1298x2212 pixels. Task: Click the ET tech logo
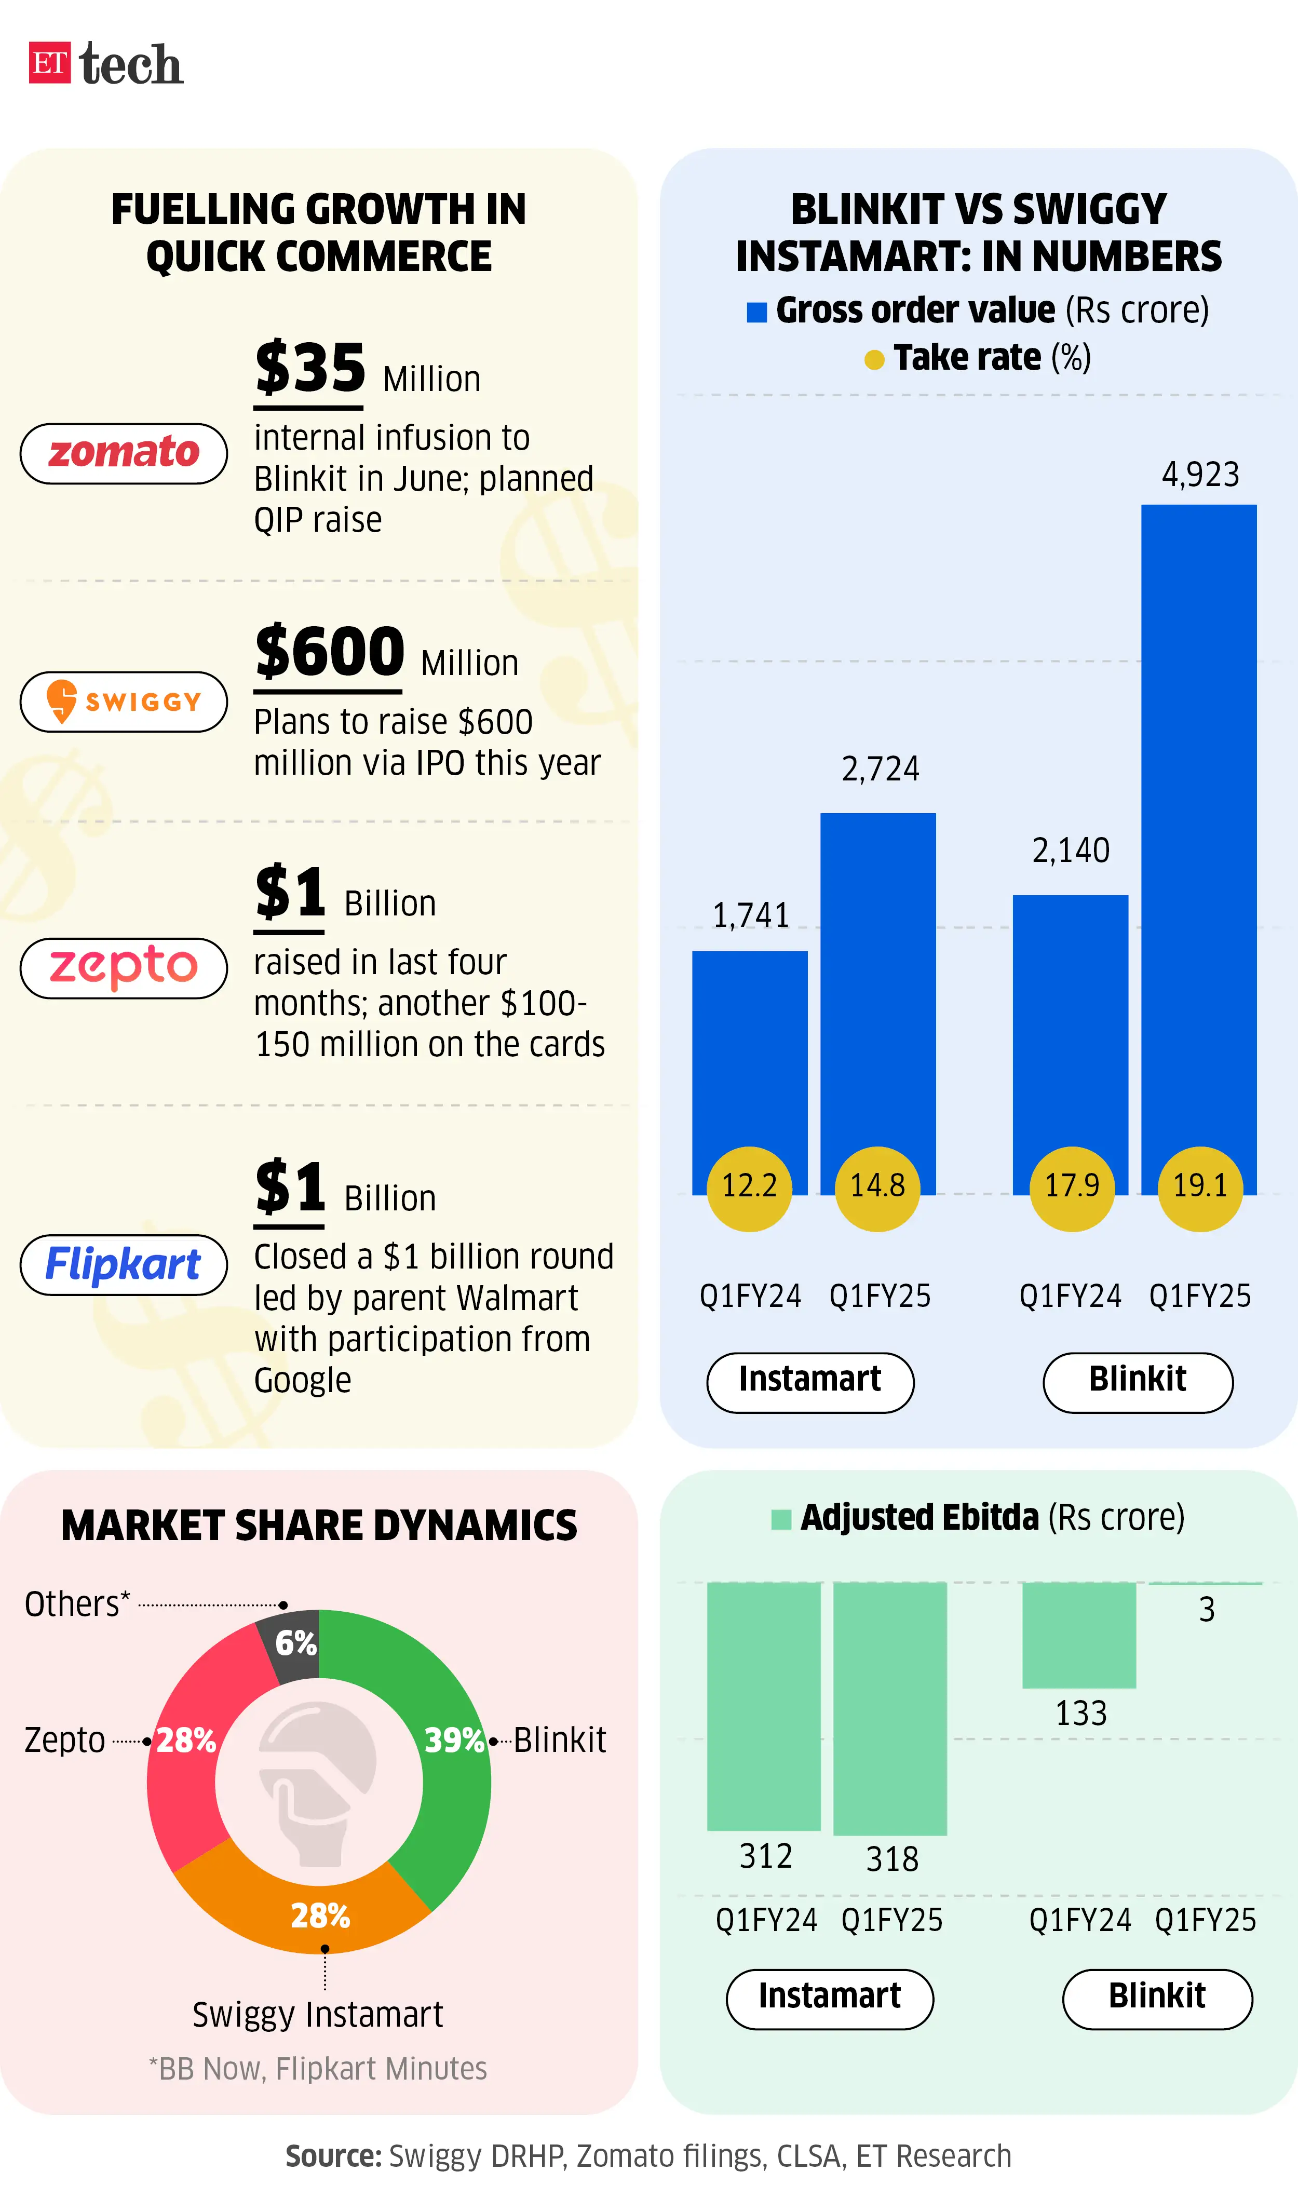(x=105, y=64)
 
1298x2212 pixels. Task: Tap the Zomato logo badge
(x=124, y=453)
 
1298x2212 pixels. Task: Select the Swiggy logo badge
(x=124, y=702)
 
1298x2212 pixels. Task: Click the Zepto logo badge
(x=124, y=967)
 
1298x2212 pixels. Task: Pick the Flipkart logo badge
(x=124, y=1264)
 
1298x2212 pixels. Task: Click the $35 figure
(x=309, y=369)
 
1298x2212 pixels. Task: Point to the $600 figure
(x=329, y=652)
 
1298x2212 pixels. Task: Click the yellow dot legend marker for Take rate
(x=874, y=359)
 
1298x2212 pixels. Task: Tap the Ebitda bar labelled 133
(x=1078, y=1635)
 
